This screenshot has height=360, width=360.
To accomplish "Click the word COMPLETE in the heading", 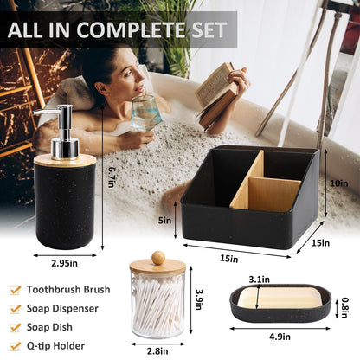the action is point(132,30).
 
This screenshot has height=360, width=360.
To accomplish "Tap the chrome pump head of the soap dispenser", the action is point(61,130).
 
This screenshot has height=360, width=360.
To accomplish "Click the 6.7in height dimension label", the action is point(111,177).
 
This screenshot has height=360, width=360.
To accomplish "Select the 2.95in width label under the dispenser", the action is point(64,263).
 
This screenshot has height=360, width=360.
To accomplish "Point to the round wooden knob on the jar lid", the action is point(158,258).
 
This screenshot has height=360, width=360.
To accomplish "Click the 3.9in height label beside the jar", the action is point(198,299).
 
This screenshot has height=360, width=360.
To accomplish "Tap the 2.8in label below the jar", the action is point(157,351).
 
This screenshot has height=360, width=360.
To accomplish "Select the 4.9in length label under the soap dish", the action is point(280,337).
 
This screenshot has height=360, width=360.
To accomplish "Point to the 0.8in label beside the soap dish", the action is point(344,308).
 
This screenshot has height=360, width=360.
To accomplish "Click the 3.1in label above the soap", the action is point(260,280).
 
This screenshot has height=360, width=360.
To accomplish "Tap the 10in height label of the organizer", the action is point(339,183).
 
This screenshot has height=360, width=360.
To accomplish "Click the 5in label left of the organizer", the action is point(164,221).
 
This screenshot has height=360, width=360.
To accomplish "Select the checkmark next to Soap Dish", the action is point(16,327).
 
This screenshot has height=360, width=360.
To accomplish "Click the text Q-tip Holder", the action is point(55,345).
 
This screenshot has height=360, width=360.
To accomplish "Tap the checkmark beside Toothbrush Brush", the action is point(16,290).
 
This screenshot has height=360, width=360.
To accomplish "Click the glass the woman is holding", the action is point(145,112).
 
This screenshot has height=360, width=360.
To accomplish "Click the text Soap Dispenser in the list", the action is point(62,308).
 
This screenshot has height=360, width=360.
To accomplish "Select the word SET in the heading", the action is point(209,30).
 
